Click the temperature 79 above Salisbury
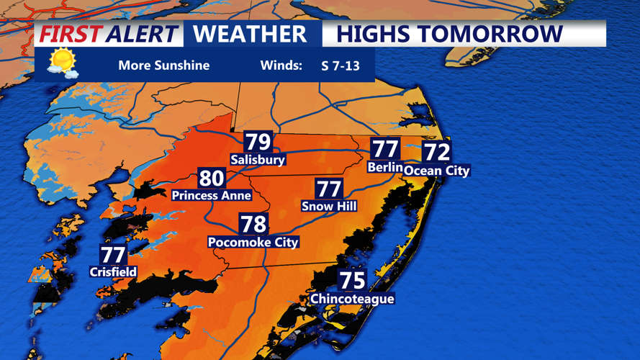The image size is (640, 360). pyautogui.click(x=258, y=142)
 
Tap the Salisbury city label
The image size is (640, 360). pyautogui.click(x=258, y=159)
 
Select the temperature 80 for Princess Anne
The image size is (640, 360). pyautogui.click(x=212, y=178)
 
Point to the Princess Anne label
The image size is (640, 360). pyautogui.click(x=211, y=195)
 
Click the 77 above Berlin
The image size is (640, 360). pyautogui.click(x=385, y=149)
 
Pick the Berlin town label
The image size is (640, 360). pyautogui.click(x=384, y=167)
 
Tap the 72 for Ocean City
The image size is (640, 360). pyautogui.click(x=436, y=152)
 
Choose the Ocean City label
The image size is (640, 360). pyautogui.click(x=436, y=171)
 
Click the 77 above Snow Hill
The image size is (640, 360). pyautogui.click(x=329, y=189)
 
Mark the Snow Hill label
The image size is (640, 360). pyautogui.click(x=329, y=206)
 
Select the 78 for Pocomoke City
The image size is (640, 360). pyautogui.click(x=253, y=224)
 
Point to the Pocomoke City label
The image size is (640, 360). pyautogui.click(x=253, y=242)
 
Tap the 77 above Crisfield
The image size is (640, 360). pyautogui.click(x=113, y=254)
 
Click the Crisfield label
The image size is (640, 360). pyautogui.click(x=113, y=272)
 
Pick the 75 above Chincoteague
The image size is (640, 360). pyautogui.click(x=352, y=280)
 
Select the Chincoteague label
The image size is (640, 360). pyautogui.click(x=352, y=298)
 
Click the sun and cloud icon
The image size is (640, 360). pyautogui.click(x=62, y=63)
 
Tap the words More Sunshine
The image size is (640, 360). pyautogui.click(x=163, y=66)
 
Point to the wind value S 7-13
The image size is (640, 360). pyautogui.click(x=340, y=66)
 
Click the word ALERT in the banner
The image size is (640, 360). pyautogui.click(x=141, y=34)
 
